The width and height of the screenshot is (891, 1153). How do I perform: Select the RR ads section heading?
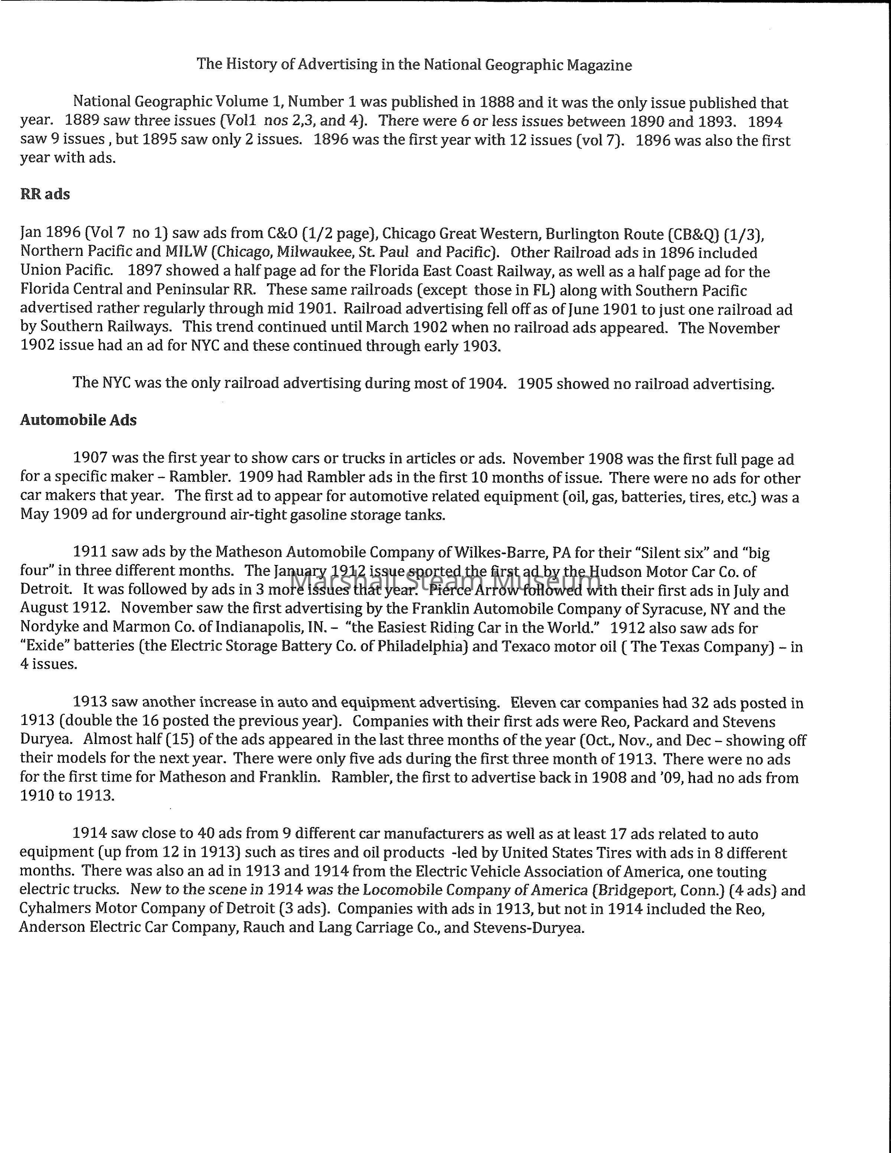point(45,194)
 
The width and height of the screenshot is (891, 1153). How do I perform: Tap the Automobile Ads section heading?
point(78,420)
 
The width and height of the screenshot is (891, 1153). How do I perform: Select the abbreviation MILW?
point(185,253)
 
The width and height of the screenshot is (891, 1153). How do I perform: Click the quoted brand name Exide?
point(43,646)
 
